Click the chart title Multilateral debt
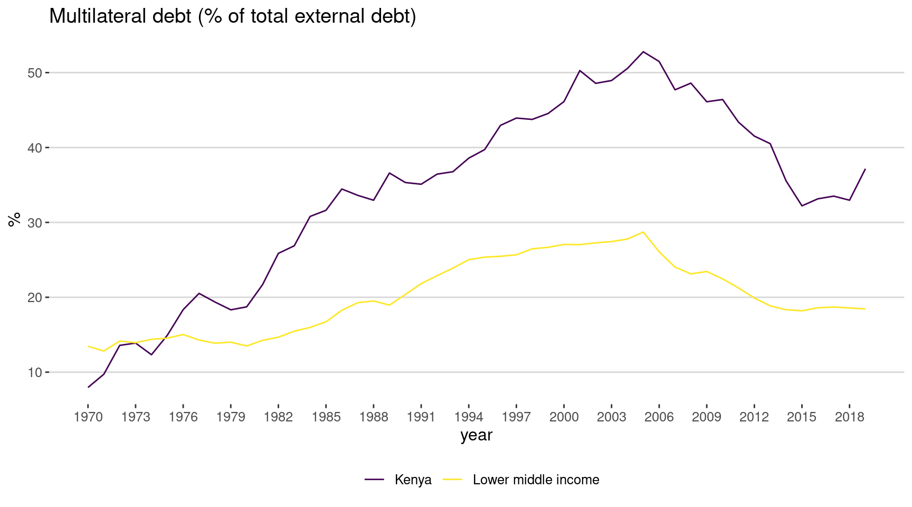pyautogui.click(x=232, y=16)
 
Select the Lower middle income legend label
pyautogui.click(x=536, y=480)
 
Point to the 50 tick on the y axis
pyautogui.click(x=35, y=72)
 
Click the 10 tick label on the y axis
pyautogui.click(x=35, y=372)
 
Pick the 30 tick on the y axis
pyautogui.click(x=35, y=222)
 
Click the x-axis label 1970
pyautogui.click(x=88, y=417)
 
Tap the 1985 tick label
pyautogui.click(x=326, y=417)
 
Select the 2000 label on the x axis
pyautogui.click(x=564, y=417)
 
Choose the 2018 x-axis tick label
pyautogui.click(x=849, y=417)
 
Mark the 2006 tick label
pyautogui.click(x=659, y=417)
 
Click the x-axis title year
pyautogui.click(x=476, y=435)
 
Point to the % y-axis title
pyautogui.click(x=14, y=219)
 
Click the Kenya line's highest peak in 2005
pyautogui.click(x=643, y=52)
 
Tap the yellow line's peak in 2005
pyautogui.click(x=643, y=232)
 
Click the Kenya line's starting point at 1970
pyautogui.click(x=88, y=387)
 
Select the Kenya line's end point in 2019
pyautogui.click(x=865, y=169)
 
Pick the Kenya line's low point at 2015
pyautogui.click(x=802, y=205)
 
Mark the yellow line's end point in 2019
pyautogui.click(x=865, y=309)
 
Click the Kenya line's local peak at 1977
pyautogui.click(x=199, y=293)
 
